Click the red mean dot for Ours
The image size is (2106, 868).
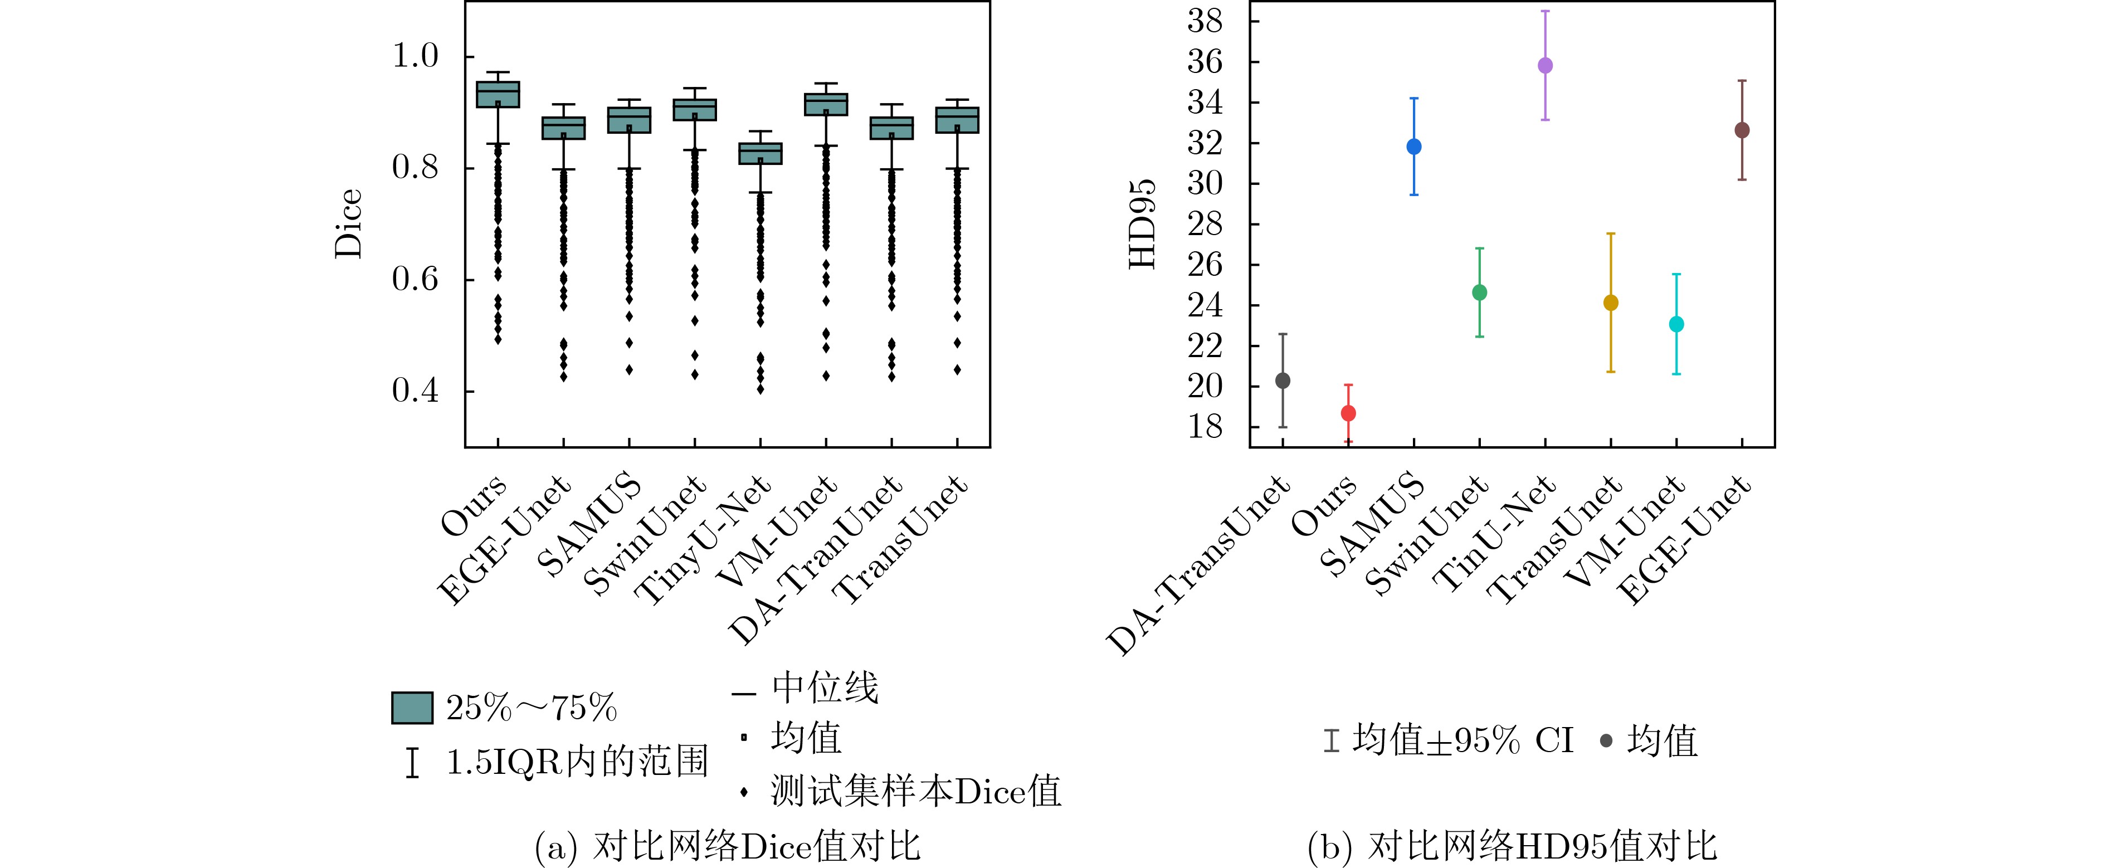coord(1348,413)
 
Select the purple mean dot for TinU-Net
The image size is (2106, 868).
coord(1545,65)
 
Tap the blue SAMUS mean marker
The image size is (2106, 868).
coord(1413,147)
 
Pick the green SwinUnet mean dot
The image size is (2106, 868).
coord(1480,292)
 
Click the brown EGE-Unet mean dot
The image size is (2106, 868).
coord(1742,130)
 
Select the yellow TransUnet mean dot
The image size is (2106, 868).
coord(1611,303)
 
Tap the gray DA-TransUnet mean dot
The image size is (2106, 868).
coord(1283,381)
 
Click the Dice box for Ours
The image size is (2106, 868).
coord(498,95)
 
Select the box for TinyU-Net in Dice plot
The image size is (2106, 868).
coord(760,154)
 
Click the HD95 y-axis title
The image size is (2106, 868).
coord(1143,223)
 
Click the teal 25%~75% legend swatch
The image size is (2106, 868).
coord(412,708)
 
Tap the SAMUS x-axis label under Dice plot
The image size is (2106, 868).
coord(590,525)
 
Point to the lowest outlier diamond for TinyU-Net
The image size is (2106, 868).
coord(760,389)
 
